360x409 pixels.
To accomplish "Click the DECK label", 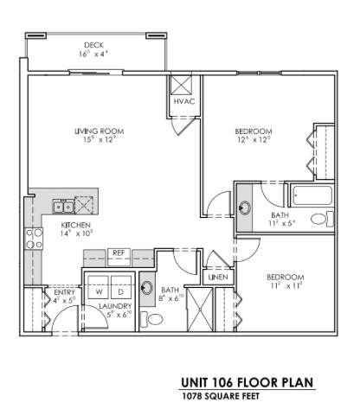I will [x=94, y=45].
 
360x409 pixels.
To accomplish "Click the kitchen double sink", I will [x=63, y=205].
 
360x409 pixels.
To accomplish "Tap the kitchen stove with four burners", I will [x=34, y=239].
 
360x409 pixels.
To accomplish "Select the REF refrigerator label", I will [x=119, y=252].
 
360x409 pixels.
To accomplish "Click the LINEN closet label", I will [x=217, y=278].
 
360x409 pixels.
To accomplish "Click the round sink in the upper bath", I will [x=245, y=208].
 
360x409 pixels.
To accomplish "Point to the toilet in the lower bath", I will [x=157, y=319].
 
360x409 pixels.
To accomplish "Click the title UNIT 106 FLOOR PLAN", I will [x=246, y=382].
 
